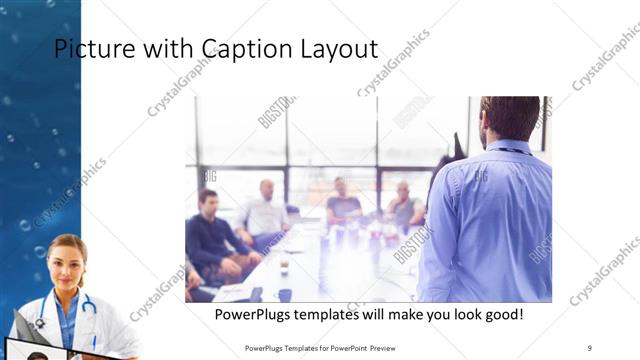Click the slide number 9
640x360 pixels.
590,347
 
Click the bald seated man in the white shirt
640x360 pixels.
265,210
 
